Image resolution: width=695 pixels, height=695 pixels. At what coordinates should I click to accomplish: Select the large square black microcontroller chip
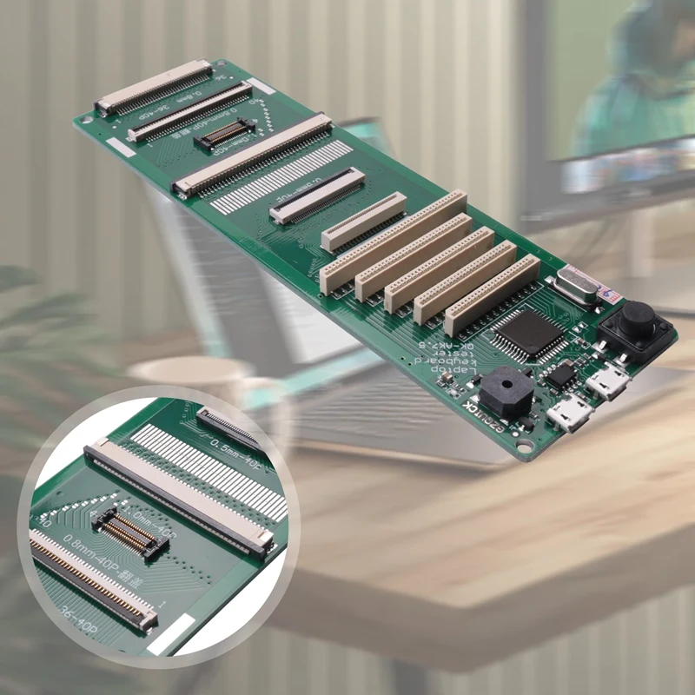pyautogui.click(x=529, y=333)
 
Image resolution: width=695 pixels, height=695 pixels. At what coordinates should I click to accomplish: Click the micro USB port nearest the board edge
pyautogui.click(x=571, y=414)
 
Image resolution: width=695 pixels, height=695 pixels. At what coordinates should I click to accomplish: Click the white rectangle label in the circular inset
pyautogui.click(x=170, y=633)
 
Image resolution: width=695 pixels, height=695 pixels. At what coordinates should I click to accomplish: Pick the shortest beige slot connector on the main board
pyautogui.click(x=364, y=221)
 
